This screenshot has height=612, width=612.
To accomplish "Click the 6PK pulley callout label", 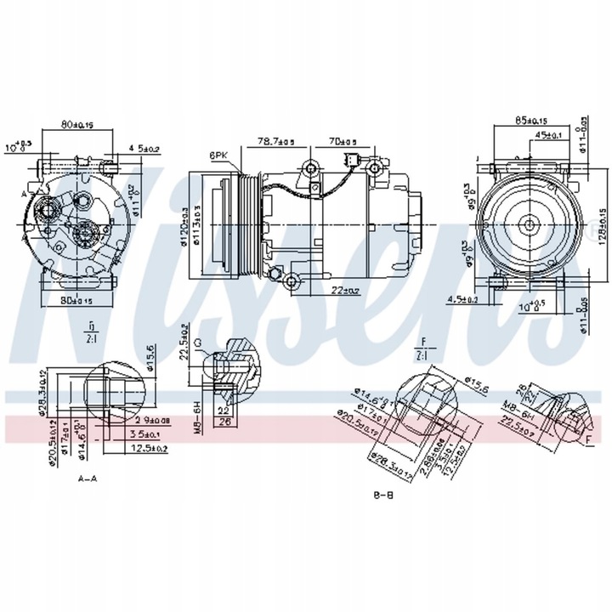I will [218, 156].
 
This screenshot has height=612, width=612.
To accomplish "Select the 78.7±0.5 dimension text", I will [278, 141].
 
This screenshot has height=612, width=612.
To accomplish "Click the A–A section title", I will [88, 479].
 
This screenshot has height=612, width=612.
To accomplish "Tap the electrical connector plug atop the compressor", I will [349, 162].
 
